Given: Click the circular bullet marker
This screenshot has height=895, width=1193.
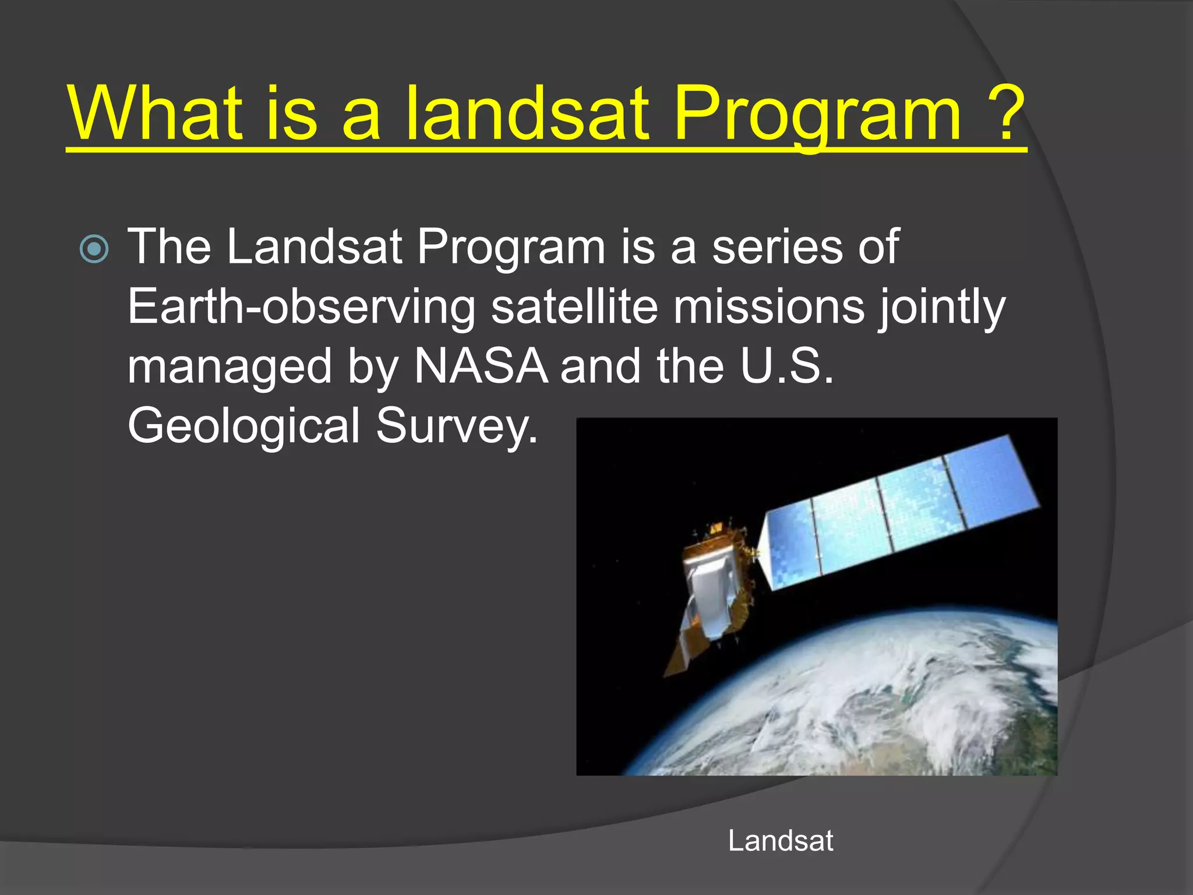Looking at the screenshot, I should [x=94, y=249].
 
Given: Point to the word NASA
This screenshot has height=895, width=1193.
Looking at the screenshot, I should [x=481, y=367].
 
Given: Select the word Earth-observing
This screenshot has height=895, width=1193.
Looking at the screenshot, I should [x=301, y=307].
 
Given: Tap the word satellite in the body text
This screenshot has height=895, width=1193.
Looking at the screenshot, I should [x=574, y=307].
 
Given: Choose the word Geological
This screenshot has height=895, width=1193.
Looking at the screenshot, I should [x=243, y=426].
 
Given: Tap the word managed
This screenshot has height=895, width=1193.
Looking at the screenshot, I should [x=229, y=367].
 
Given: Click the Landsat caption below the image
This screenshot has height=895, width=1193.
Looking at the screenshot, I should [x=780, y=841].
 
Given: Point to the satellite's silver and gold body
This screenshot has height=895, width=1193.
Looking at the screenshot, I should [x=711, y=589].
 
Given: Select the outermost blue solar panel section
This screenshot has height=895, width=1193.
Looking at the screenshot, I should [x=990, y=484].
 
